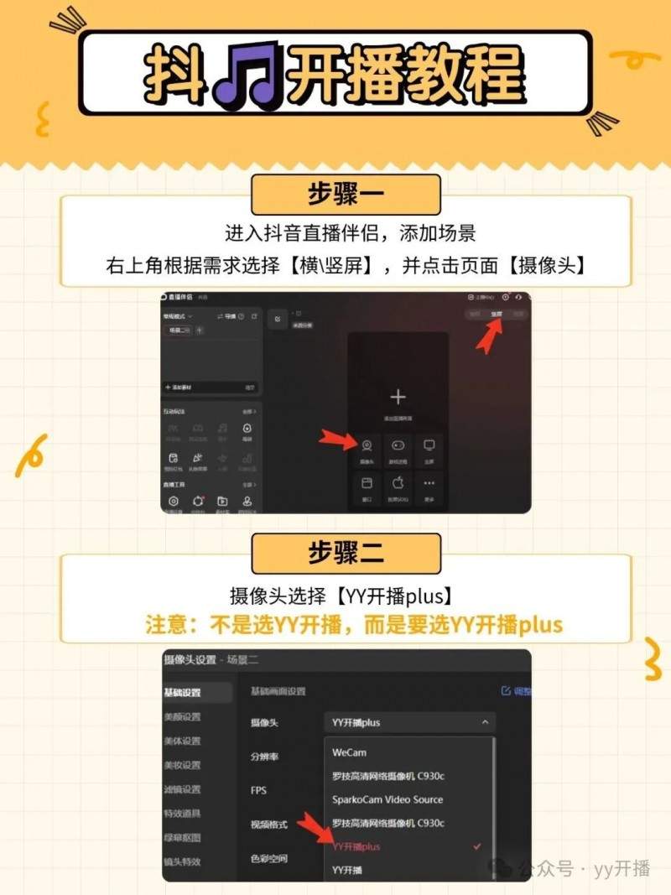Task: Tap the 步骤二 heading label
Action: [x=345, y=553]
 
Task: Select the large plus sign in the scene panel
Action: [x=398, y=397]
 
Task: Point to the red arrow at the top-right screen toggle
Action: [x=489, y=335]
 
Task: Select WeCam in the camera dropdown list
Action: [x=349, y=752]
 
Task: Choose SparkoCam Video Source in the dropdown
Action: [x=387, y=799]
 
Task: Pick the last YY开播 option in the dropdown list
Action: [x=347, y=870]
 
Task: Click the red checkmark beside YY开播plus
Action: [x=477, y=846]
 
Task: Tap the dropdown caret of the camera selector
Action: [x=485, y=722]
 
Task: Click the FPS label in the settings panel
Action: [x=258, y=790]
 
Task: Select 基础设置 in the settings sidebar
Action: [x=182, y=693]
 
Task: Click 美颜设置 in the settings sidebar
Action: [x=182, y=717]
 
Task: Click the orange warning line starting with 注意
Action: [x=353, y=626]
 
